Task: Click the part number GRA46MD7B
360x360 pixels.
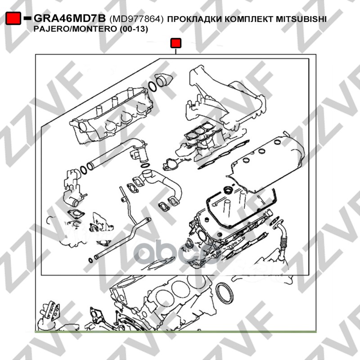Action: pyautogui.click(x=70, y=18)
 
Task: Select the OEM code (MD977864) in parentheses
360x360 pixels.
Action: pyautogui.click(x=136, y=19)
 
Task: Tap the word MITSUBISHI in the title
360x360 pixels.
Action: pyautogui.click(x=301, y=19)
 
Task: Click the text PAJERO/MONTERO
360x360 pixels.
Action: pyautogui.click(x=75, y=29)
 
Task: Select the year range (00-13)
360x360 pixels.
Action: pyautogui.click(x=134, y=29)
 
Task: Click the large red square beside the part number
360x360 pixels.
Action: pyautogui.click(x=13, y=18)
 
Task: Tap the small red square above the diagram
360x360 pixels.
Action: pyautogui.click(x=176, y=43)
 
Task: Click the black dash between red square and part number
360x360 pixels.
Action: pyautogui.click(x=27, y=18)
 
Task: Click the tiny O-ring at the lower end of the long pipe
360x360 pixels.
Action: pyautogui.click(x=91, y=261)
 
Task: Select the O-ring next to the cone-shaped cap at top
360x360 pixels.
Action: pyautogui.click(x=152, y=86)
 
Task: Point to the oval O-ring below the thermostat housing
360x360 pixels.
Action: pyautogui.click(x=145, y=165)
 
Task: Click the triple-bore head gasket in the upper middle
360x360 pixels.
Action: pyautogui.click(x=199, y=131)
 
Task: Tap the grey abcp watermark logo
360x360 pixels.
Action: pyautogui.click(x=178, y=252)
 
